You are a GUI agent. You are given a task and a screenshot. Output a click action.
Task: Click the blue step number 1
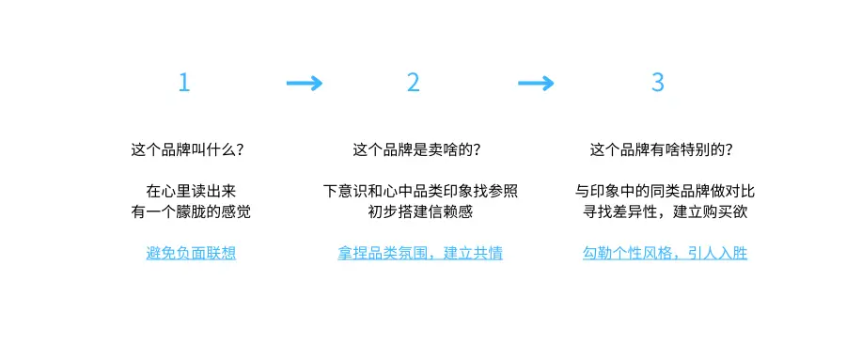point(184,83)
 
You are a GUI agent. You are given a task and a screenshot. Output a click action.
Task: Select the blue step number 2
point(414,83)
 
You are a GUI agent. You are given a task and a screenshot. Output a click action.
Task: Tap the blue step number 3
point(658,83)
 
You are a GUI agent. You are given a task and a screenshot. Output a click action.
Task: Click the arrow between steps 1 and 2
point(304,84)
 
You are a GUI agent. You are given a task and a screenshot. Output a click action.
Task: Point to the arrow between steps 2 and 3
point(536,84)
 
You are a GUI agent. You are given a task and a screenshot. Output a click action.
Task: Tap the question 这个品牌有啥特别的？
point(662,149)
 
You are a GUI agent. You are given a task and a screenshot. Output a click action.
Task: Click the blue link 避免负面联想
point(191,254)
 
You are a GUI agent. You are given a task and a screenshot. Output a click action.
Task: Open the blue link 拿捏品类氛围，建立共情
point(420,254)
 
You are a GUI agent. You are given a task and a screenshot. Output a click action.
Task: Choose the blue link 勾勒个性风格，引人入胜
point(665,254)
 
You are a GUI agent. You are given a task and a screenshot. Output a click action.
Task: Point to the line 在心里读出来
point(191,192)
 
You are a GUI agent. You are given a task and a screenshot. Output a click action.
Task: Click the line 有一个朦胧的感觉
point(191,212)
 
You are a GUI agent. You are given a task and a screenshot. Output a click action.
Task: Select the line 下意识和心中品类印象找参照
point(420,192)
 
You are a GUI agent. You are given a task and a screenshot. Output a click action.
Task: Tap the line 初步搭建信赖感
point(420,212)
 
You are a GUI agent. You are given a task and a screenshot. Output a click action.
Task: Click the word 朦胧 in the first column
point(191,212)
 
